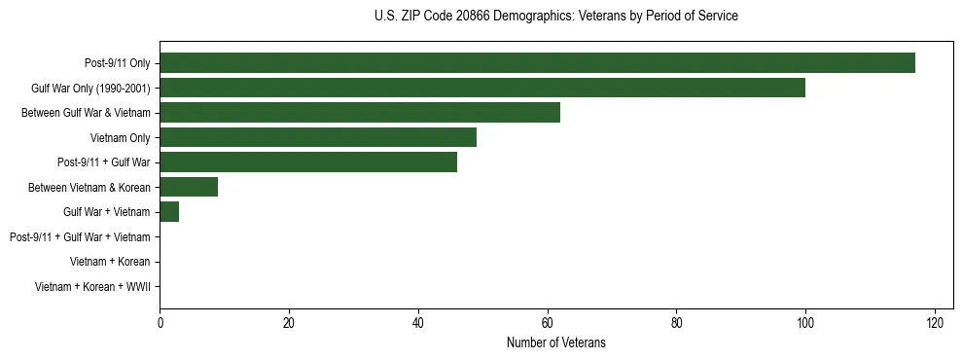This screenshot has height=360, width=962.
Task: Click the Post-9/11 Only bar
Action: click(x=537, y=63)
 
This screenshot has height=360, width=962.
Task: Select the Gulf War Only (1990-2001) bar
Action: click(x=482, y=88)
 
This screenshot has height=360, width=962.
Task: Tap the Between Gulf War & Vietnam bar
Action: click(x=360, y=113)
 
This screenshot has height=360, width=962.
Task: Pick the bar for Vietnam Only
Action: click(x=318, y=137)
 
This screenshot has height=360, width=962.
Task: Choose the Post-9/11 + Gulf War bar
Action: click(x=308, y=162)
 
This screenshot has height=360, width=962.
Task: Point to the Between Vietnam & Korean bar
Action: click(x=189, y=187)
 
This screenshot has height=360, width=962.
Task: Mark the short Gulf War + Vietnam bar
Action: click(x=169, y=212)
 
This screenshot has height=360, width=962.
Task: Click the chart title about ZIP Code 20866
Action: click(x=555, y=16)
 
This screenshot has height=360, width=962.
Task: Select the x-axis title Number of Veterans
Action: click(x=555, y=342)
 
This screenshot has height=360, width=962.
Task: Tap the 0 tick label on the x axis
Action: click(x=160, y=323)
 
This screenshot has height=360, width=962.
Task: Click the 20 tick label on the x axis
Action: click(x=289, y=323)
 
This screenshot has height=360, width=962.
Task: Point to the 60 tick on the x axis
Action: click(x=547, y=323)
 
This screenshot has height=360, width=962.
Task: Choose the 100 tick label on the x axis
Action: click(x=805, y=323)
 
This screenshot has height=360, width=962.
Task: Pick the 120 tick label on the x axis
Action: click(x=935, y=323)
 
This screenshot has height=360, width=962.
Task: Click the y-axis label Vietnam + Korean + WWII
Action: click(x=92, y=287)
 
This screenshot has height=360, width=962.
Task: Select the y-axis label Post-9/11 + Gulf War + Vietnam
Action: click(x=80, y=237)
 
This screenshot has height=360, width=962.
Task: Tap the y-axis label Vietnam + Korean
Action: click(x=110, y=262)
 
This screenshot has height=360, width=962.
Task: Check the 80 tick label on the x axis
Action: click(x=676, y=323)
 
